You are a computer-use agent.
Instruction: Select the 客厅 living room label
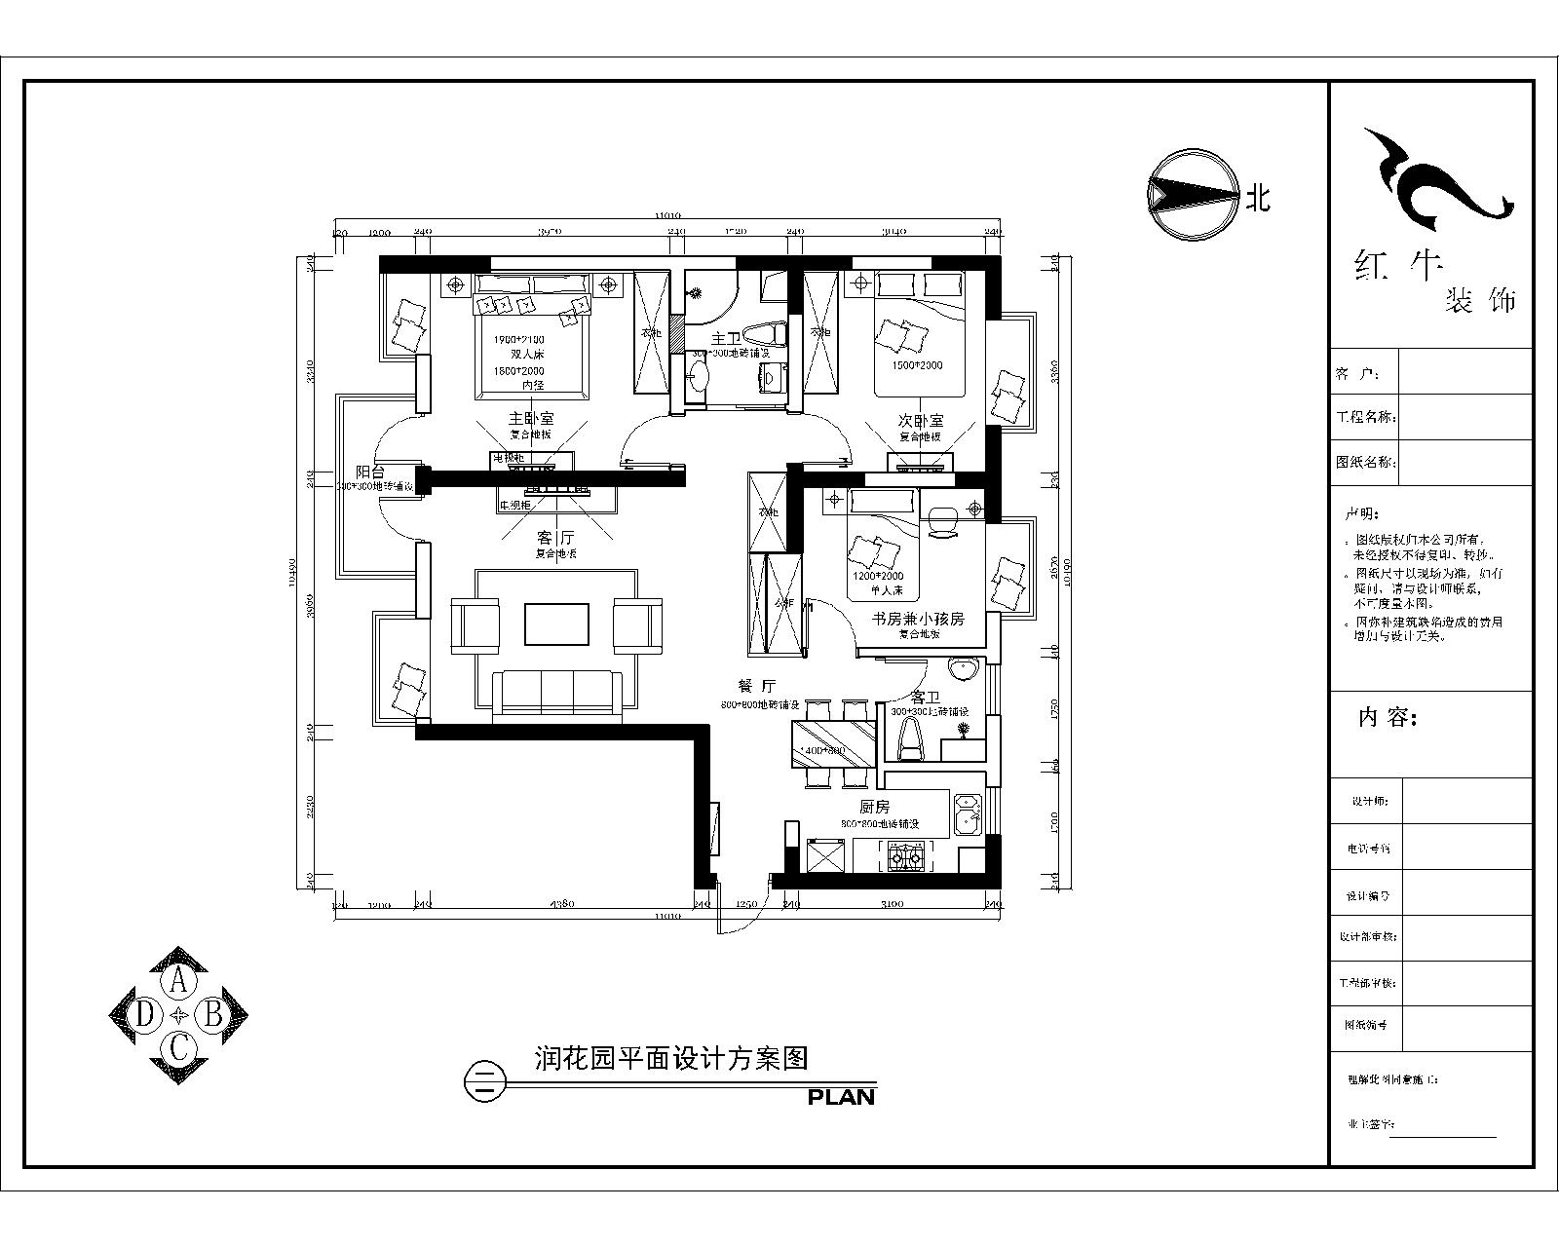(555, 537)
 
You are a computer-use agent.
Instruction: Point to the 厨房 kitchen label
(874, 807)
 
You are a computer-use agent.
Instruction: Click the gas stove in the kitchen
(905, 857)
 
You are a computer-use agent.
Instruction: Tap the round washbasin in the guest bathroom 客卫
(963, 669)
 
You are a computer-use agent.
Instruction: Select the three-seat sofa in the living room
(557, 694)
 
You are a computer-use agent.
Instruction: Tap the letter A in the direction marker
(178, 980)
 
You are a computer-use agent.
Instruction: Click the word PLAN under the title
(841, 1097)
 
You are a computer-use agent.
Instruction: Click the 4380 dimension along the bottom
(561, 904)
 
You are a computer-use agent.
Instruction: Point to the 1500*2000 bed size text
(917, 366)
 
